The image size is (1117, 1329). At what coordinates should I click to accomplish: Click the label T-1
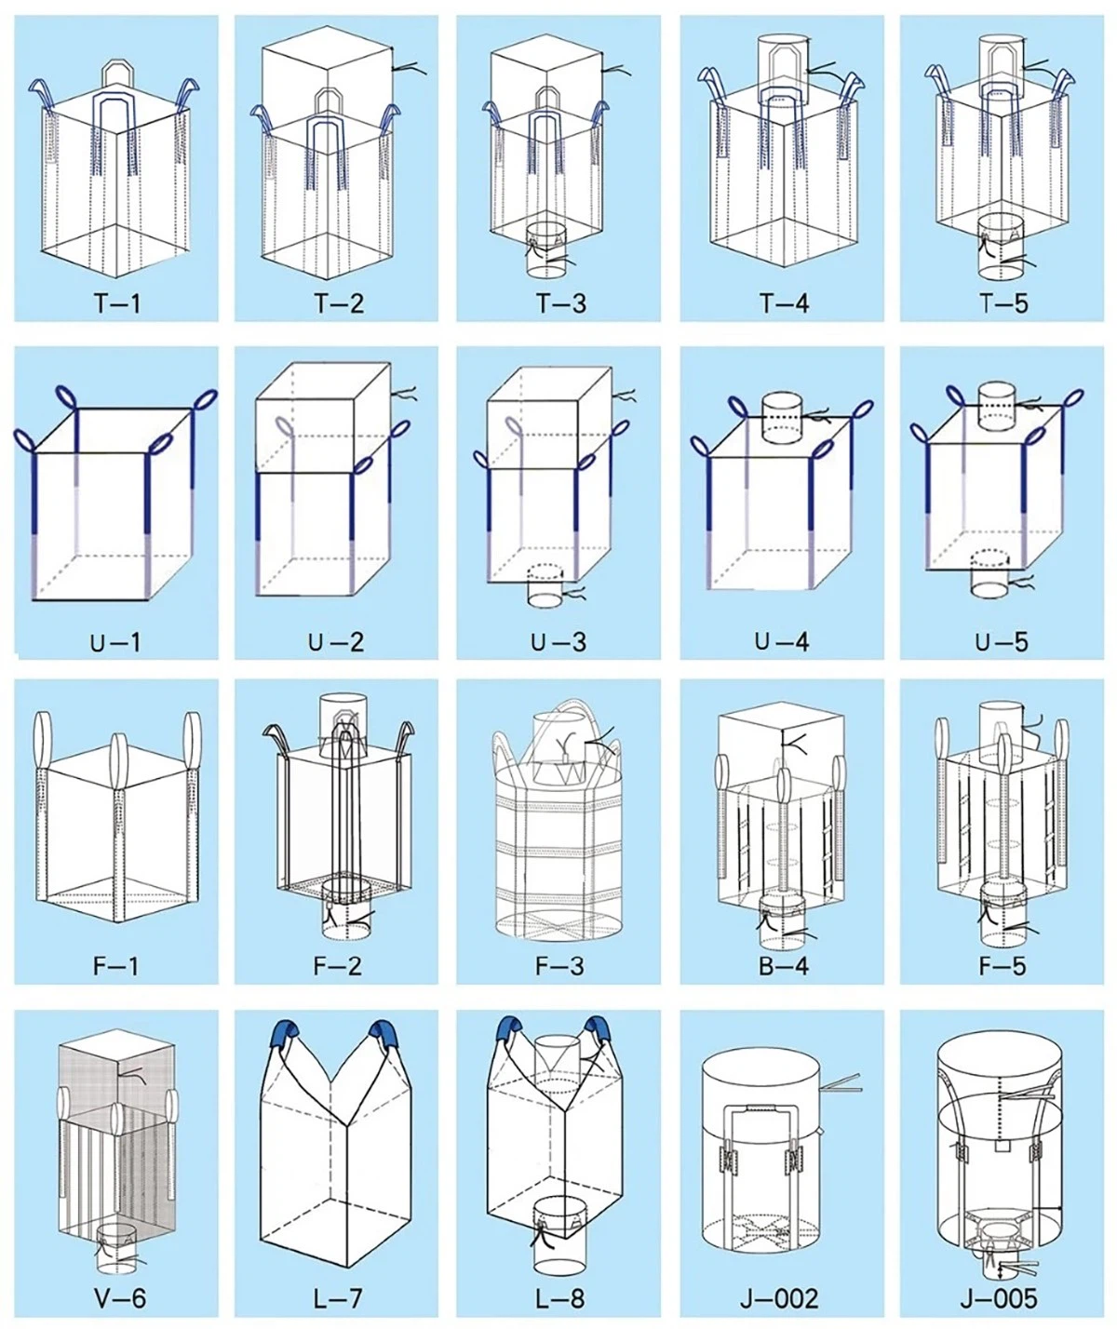pos(116,302)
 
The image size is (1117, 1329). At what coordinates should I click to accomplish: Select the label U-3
pos(558,641)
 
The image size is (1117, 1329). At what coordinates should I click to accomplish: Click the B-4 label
pos(784,965)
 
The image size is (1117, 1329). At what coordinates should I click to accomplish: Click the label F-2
pos(338,965)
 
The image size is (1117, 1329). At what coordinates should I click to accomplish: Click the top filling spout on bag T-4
pos(782,69)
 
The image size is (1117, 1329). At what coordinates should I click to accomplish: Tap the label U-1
pos(115,641)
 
